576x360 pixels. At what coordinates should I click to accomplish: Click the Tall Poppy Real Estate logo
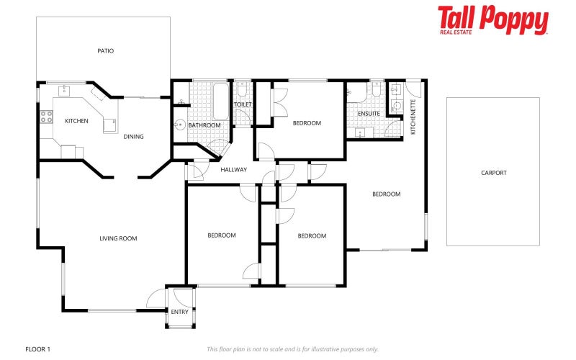(x=493, y=20)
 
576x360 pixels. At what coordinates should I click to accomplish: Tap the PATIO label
(x=106, y=51)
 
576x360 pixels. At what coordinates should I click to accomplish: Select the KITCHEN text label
(x=76, y=121)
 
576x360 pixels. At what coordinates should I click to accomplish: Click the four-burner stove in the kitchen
(x=47, y=117)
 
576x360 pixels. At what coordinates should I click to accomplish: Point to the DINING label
(x=133, y=137)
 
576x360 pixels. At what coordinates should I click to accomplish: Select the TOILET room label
(x=243, y=104)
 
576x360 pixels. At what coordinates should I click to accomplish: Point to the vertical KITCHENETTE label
(x=413, y=117)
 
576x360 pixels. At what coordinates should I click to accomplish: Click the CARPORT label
(x=494, y=173)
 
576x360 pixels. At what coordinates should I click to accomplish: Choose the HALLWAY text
(x=234, y=170)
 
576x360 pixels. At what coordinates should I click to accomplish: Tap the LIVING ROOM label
(x=118, y=238)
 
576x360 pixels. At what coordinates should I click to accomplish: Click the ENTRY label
(x=179, y=312)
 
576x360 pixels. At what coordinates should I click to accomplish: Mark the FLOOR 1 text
(x=37, y=349)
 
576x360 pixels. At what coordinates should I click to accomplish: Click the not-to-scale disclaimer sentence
(x=292, y=349)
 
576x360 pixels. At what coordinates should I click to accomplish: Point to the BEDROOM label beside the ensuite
(x=307, y=123)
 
